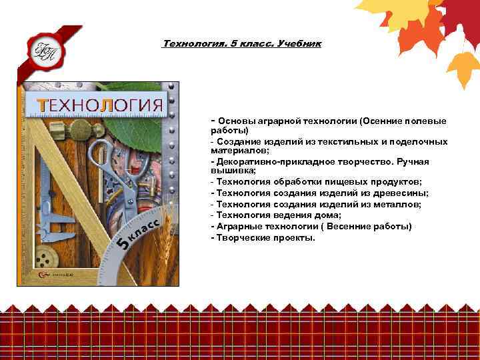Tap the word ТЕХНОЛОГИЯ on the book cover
pyautogui.click(x=100, y=105)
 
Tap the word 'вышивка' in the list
pyautogui.click(x=229, y=171)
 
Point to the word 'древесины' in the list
pyautogui.click(x=402, y=193)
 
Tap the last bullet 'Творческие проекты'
pyautogui.click(x=263, y=237)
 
